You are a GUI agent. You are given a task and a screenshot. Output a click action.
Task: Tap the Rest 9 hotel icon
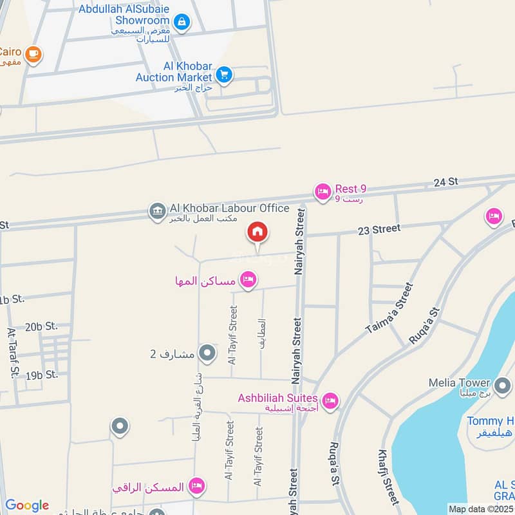[322, 191]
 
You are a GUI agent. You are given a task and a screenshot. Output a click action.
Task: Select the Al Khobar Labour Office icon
[156, 210]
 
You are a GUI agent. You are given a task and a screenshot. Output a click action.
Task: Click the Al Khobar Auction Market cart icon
[224, 75]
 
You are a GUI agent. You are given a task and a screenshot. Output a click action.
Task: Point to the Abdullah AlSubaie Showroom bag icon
[182, 22]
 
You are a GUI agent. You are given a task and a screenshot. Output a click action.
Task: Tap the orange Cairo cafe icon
[34, 55]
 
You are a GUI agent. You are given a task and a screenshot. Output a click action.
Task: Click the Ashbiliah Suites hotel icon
[330, 401]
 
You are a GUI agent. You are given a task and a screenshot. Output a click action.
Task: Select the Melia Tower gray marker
[503, 386]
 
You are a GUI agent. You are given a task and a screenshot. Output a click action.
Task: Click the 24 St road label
[445, 183]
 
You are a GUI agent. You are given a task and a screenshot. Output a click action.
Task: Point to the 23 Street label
[379, 229]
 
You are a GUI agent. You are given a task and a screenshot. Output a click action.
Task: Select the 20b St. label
[41, 326]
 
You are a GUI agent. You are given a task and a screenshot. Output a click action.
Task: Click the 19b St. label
[42, 374]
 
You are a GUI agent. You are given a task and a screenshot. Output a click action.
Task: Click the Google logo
[27, 505]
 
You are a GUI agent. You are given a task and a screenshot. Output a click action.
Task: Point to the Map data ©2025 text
[480, 509]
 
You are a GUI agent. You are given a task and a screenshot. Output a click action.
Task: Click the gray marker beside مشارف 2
[207, 353]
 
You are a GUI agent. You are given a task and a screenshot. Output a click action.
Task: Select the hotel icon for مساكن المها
[248, 280]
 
